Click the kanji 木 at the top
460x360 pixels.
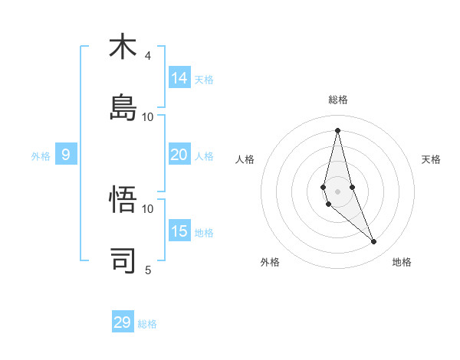[x=123, y=47]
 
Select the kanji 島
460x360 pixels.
[x=123, y=107]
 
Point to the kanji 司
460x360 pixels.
[x=123, y=260]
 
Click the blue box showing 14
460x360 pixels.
[x=179, y=78]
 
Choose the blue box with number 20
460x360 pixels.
[x=179, y=155]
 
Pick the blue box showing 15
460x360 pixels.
[x=179, y=231]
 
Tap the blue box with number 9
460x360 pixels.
[x=66, y=155]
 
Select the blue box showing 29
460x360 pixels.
[x=123, y=322]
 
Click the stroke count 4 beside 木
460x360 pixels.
[x=148, y=56]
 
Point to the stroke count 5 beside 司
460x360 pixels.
[x=148, y=270]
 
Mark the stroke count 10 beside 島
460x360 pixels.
[x=148, y=116]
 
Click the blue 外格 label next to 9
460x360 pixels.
[x=41, y=156]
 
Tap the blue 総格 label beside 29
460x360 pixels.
[x=147, y=324]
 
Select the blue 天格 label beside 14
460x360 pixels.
[x=204, y=80]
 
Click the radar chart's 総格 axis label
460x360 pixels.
[x=338, y=100]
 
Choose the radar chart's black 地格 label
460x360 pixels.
[x=402, y=262]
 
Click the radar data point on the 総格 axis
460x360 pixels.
[x=337, y=129]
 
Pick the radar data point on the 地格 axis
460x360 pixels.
[x=374, y=242]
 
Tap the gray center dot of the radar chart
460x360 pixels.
[x=337, y=191]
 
